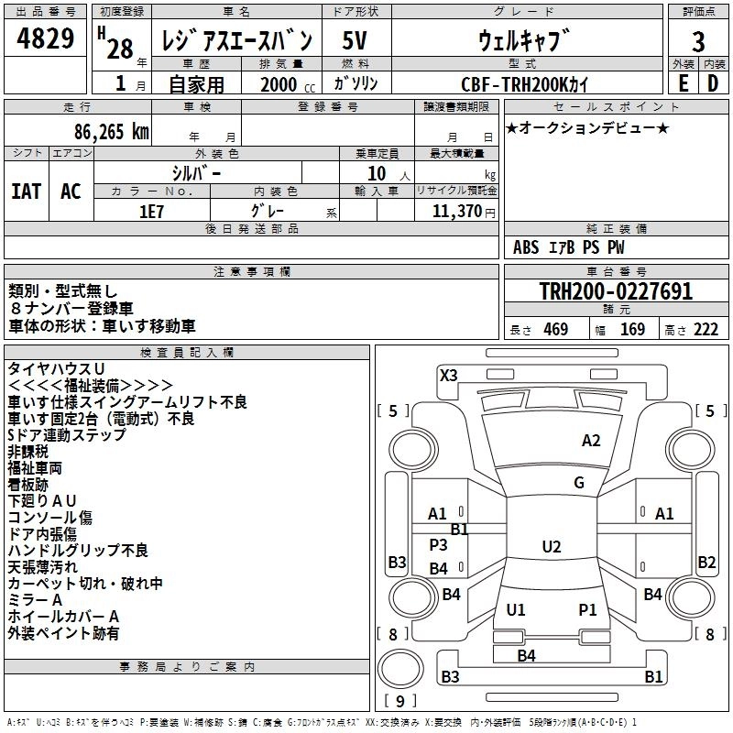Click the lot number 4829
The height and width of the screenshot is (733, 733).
coord(45,38)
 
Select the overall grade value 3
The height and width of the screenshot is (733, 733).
coord(698,41)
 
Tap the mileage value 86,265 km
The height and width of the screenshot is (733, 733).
coord(112,132)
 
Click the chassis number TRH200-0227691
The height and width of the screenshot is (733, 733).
coord(616,290)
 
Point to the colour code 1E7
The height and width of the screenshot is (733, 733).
coord(151,212)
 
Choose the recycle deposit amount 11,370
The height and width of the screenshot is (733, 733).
coord(456,211)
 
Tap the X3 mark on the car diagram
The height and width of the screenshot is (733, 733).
coord(448,376)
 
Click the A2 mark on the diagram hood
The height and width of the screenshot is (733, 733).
coord(591,441)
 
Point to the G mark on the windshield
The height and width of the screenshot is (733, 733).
coord(579,482)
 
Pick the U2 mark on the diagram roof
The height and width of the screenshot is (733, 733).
coord(552,546)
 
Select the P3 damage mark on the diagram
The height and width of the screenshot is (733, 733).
coord(439,544)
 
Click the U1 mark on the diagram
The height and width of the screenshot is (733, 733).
coord(516,609)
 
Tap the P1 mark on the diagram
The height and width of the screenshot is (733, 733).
coord(587,609)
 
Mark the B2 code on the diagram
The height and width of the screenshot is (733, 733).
coord(706,562)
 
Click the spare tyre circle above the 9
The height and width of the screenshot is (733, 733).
coord(400,670)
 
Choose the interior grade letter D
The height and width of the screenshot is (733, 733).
coord(713,83)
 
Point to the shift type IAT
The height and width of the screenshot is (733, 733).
coord(27,191)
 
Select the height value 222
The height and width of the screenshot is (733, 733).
coord(706,329)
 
